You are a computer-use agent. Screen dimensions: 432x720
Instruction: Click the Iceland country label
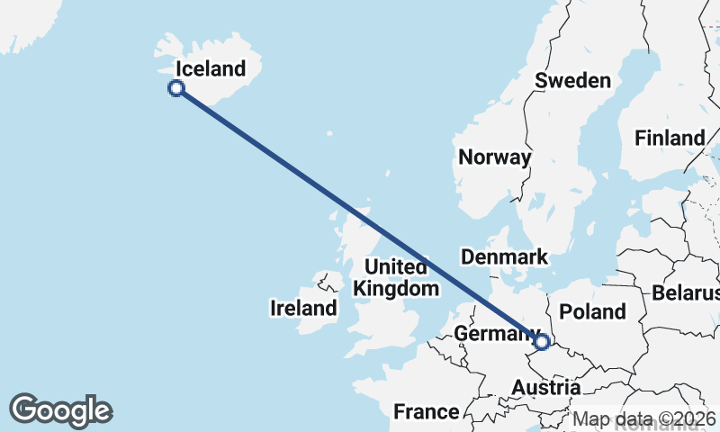(x=211, y=68)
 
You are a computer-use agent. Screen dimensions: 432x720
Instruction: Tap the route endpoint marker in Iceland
(x=176, y=87)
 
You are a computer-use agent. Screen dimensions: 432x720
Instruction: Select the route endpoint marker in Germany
(x=542, y=341)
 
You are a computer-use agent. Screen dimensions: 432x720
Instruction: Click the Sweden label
(x=573, y=80)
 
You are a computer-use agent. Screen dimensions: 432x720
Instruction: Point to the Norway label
(x=495, y=157)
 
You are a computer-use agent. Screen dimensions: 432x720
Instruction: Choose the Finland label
(x=670, y=139)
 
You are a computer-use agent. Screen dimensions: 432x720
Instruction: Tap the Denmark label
(x=504, y=257)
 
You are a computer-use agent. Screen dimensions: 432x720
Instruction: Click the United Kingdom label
(x=397, y=278)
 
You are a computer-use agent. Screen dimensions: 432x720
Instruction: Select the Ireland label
(x=303, y=309)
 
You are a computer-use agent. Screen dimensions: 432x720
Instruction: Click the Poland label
(x=592, y=311)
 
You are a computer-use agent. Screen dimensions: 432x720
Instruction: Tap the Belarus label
(x=687, y=293)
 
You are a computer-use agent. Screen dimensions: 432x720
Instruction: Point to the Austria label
(x=545, y=388)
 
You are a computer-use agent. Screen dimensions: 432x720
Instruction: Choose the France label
(x=426, y=412)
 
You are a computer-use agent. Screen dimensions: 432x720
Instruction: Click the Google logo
(x=60, y=410)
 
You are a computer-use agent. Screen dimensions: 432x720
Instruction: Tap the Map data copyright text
(x=644, y=418)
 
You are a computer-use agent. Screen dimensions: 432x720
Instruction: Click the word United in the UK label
(x=396, y=267)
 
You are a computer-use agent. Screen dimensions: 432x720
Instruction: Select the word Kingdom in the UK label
(x=397, y=289)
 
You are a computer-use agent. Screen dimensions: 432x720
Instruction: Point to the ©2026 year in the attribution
(x=688, y=418)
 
